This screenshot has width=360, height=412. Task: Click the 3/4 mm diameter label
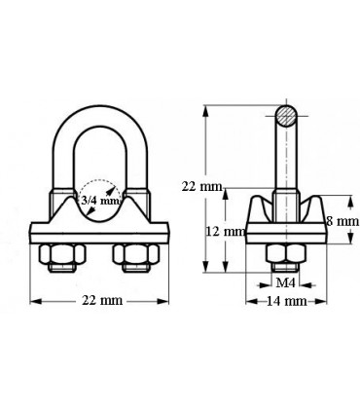[x=99, y=202]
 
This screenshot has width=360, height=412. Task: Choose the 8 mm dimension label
[x=342, y=221]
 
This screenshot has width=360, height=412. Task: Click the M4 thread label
[x=283, y=282]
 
